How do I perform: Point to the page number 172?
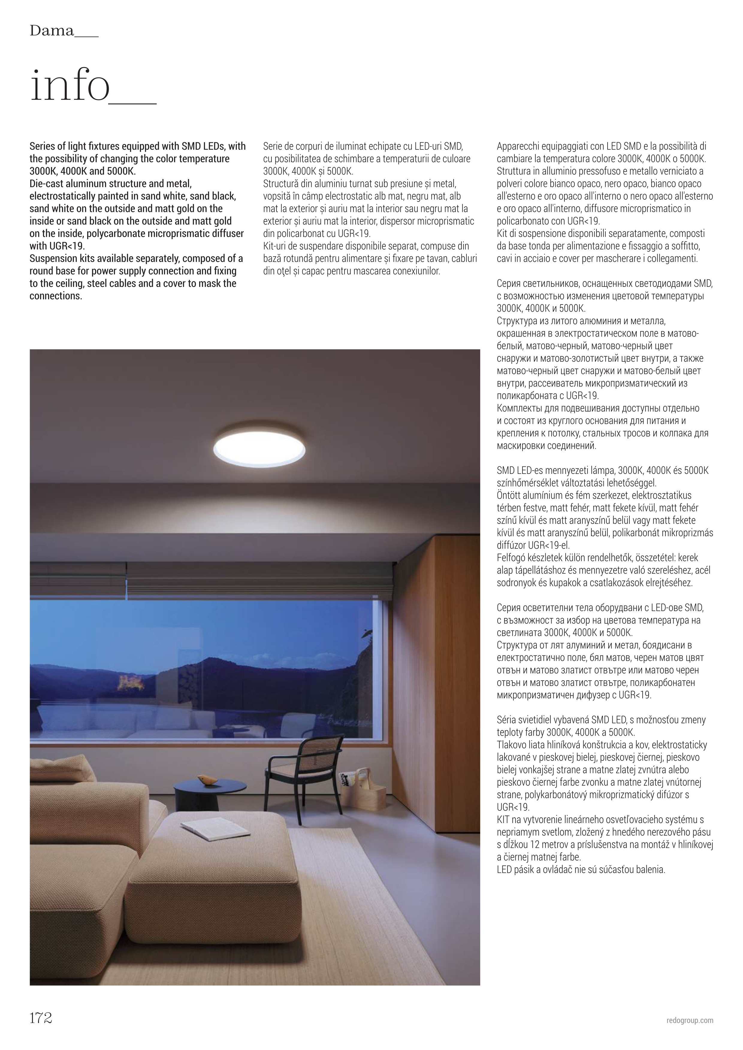tap(41, 1018)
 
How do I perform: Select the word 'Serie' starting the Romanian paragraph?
tap(273, 146)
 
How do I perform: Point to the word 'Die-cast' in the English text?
tap(46, 184)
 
